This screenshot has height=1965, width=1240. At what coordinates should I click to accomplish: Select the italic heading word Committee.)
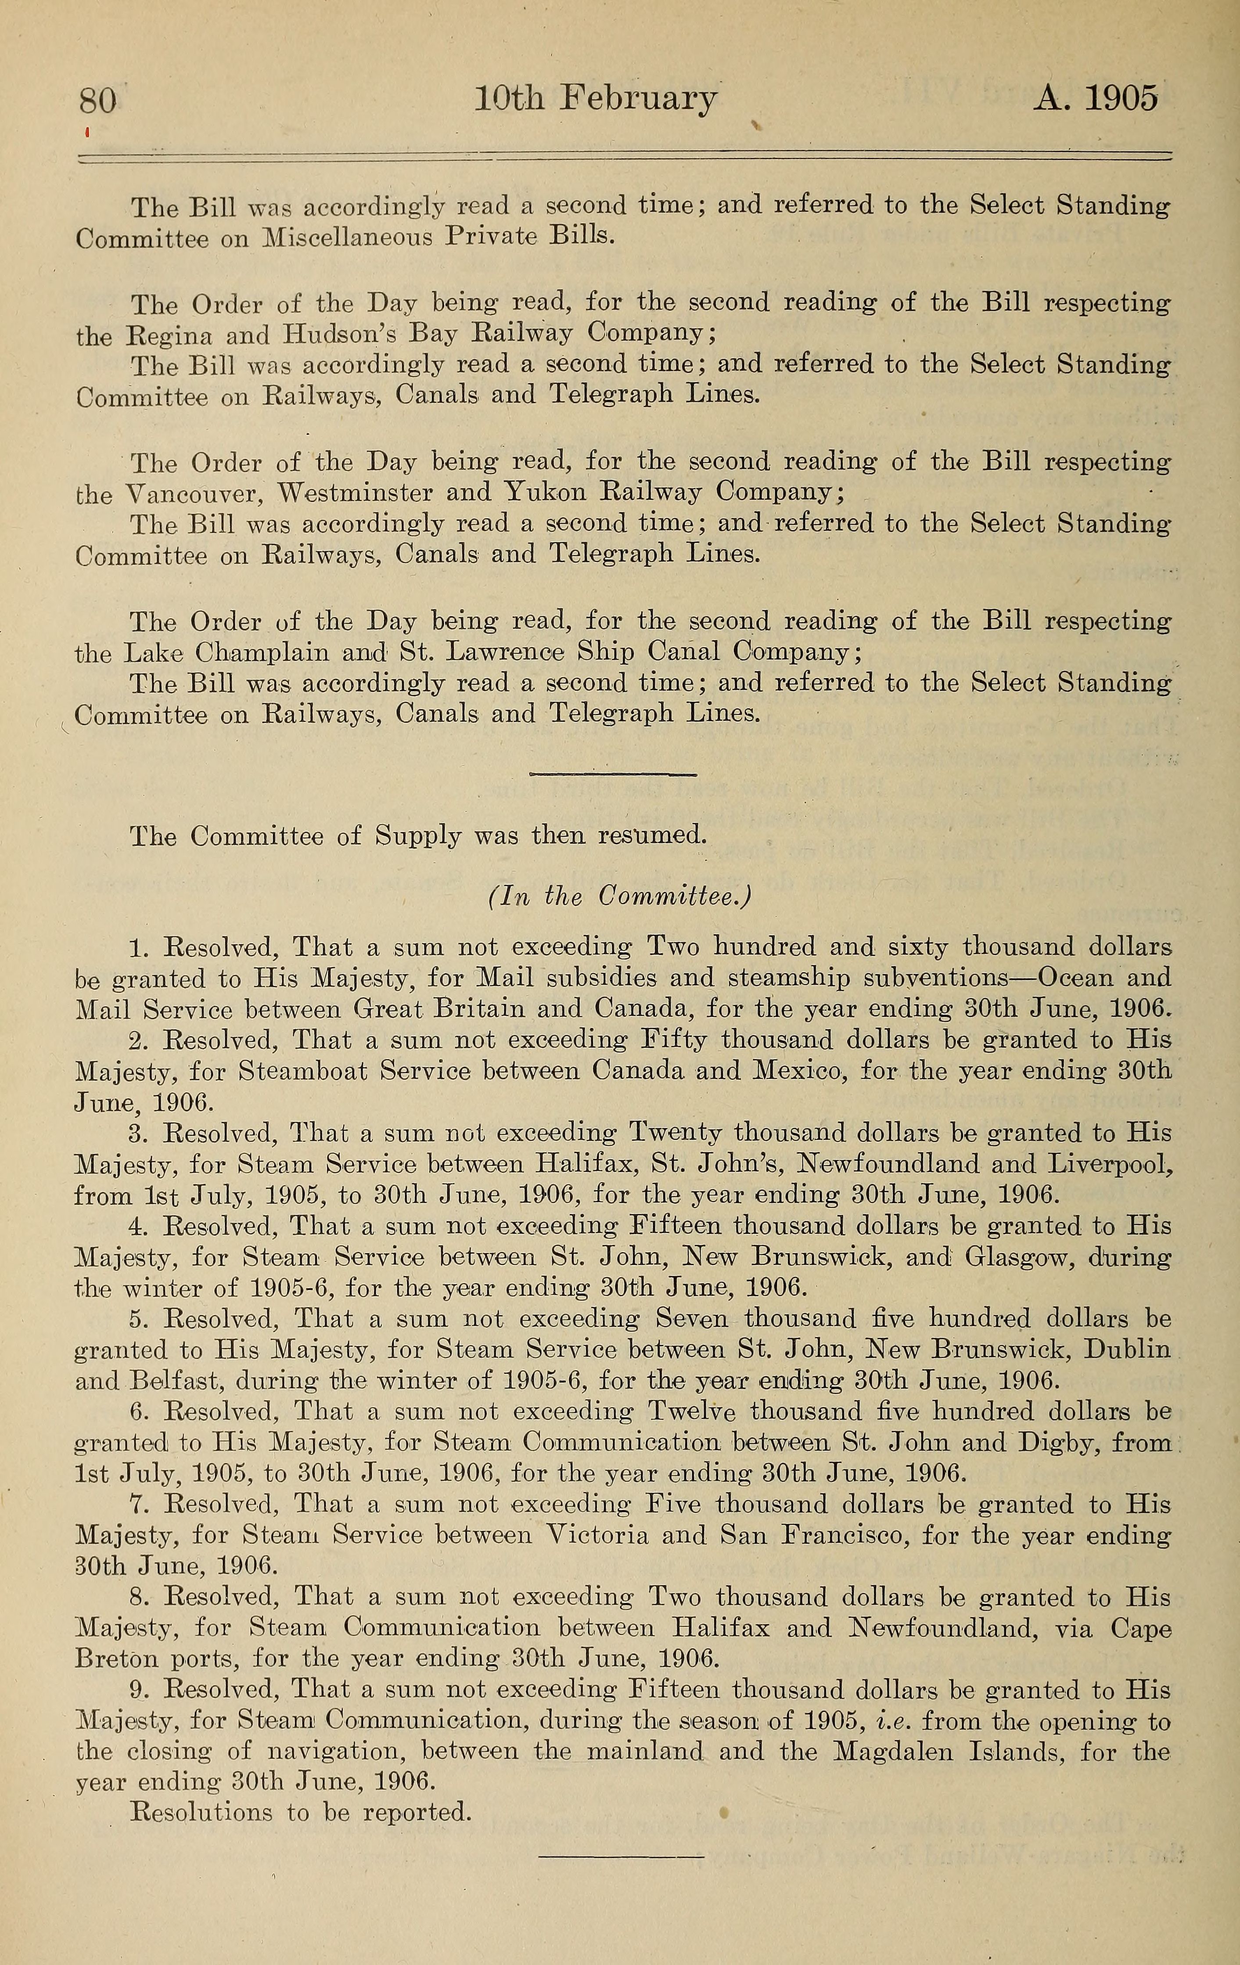[674, 897]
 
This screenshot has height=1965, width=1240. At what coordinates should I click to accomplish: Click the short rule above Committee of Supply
[613, 773]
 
